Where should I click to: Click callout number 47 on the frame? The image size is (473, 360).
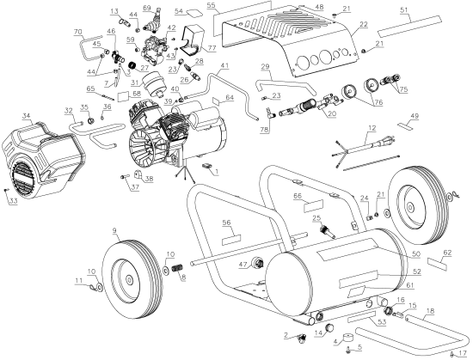tap(243, 264)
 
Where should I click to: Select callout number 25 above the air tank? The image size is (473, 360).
tap(316, 217)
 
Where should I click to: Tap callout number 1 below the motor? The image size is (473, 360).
tap(217, 172)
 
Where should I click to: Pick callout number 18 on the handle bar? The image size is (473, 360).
tap(430, 311)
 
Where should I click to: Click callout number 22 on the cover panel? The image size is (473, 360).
tap(364, 24)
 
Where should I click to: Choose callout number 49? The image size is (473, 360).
tap(414, 117)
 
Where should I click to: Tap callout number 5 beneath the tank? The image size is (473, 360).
tap(359, 348)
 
